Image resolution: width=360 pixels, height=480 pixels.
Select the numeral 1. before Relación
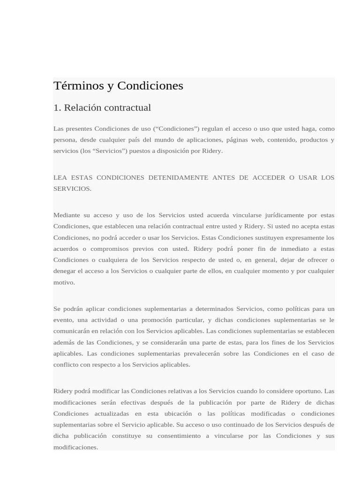[57, 108]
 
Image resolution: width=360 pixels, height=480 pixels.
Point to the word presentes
[79, 128]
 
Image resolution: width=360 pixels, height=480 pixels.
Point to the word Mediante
[66, 215]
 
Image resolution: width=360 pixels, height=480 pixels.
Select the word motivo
[64, 282]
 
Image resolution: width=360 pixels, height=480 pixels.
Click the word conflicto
[66, 365]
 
